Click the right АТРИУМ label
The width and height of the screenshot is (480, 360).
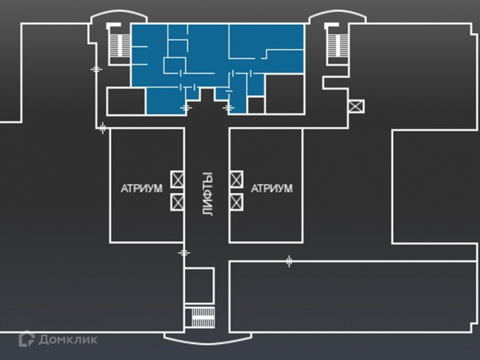click(272, 189)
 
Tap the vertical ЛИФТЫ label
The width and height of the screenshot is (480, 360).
click(207, 194)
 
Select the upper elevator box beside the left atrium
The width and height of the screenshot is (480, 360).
click(178, 180)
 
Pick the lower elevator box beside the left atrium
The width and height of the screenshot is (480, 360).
click(178, 202)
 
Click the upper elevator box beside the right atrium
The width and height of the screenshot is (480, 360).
click(236, 180)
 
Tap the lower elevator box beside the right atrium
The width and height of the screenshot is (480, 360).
click(236, 202)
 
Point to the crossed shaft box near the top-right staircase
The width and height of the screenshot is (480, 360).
click(356, 106)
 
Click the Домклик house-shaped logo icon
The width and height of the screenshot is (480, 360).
click(26, 339)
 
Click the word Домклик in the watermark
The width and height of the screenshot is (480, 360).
click(68, 340)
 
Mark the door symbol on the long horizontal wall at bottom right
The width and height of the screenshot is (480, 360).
click(289, 262)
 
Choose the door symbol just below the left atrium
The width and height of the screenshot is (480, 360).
click(184, 252)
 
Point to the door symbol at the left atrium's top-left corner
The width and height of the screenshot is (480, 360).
click(102, 128)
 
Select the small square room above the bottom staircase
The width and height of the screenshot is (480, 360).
click(199, 286)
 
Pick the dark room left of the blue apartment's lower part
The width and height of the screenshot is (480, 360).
click(126, 102)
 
